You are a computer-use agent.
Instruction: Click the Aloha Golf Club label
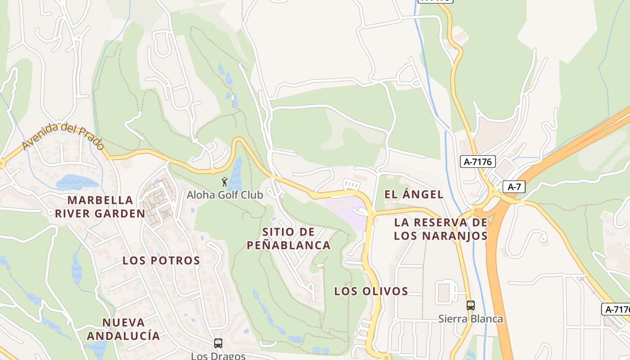coord(225,195)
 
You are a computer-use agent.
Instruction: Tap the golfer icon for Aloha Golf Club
coord(225,182)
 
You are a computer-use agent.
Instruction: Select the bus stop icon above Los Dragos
coord(218,343)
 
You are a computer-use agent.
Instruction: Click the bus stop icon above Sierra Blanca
coord(470,306)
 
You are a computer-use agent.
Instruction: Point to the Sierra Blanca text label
coord(471,319)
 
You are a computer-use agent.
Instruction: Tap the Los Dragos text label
coord(218,356)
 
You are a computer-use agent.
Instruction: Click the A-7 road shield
coord(514,187)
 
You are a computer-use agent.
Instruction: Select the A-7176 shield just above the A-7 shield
coord(477,162)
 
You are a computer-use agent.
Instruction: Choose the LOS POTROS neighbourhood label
coord(161,261)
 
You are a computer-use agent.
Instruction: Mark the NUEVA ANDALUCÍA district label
coord(123,329)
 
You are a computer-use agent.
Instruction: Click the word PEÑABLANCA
coord(288,245)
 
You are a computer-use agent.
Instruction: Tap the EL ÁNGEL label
coord(414,194)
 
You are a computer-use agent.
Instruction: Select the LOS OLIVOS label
coord(371,291)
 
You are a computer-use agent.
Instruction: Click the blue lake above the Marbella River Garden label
coord(76,182)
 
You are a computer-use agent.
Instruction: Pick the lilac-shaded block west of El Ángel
coord(346,211)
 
